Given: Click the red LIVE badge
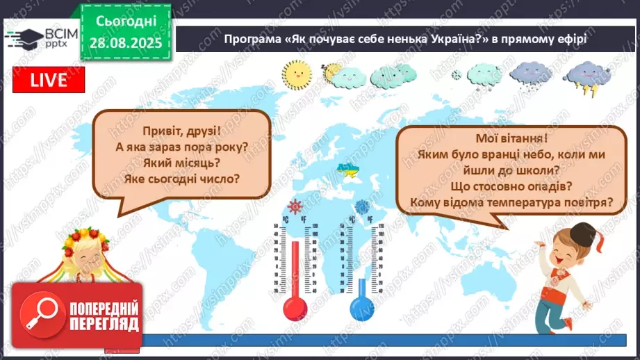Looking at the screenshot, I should [49, 81].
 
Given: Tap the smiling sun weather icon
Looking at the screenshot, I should [296, 72].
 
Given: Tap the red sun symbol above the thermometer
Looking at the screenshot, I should [295, 206].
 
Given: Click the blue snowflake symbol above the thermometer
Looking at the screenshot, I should [362, 206].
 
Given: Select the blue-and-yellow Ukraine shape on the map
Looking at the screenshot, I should [345, 170].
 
